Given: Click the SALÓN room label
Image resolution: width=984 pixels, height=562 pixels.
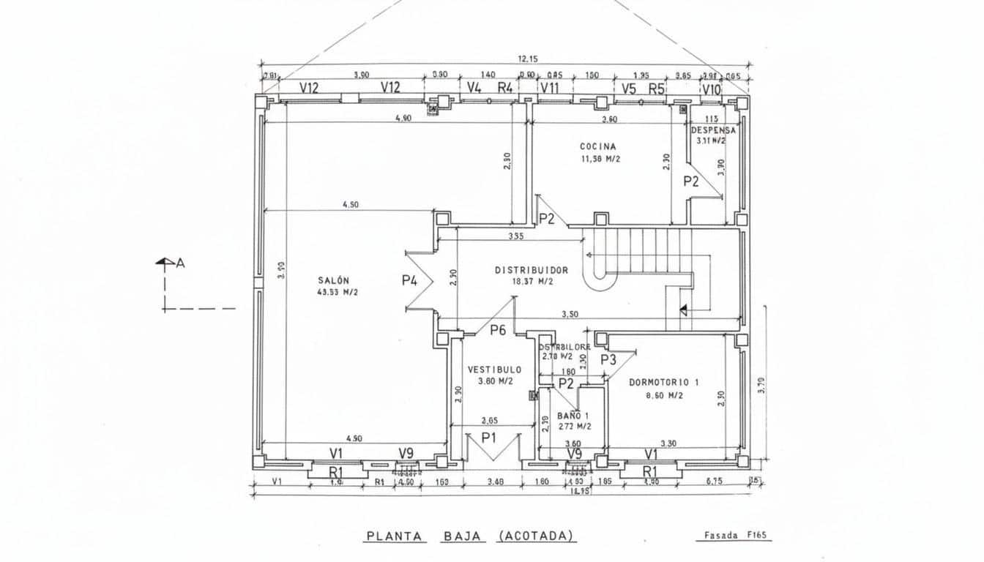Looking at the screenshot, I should pos(333,280).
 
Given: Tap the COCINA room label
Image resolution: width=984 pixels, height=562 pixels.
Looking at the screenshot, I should pos(598,146).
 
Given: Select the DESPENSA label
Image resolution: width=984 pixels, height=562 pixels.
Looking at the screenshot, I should pos(713,130).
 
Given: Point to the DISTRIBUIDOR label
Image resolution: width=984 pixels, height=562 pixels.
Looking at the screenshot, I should pos(532,270).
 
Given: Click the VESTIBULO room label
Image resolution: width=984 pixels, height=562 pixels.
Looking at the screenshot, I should pos(495,370).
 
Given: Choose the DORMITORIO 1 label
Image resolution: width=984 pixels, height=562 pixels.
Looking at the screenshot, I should pos(664,382).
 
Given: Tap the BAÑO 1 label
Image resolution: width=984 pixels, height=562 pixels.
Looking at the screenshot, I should pos(573,415).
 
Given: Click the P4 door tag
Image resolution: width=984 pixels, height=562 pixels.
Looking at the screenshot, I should pos(410,280).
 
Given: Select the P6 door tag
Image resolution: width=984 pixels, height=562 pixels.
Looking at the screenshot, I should pos(498,330).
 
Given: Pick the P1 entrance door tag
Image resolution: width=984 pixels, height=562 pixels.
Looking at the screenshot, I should pos(489,438).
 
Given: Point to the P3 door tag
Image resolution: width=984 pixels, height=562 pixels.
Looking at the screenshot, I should pos(608,359).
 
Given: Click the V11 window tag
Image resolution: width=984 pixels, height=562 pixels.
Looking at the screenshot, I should pos(549,89).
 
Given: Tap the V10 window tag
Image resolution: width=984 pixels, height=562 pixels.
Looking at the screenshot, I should pos(711,89).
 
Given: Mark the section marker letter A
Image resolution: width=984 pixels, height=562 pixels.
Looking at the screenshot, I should pos(180,263).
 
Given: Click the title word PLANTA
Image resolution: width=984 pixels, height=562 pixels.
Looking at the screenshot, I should pos(395,536).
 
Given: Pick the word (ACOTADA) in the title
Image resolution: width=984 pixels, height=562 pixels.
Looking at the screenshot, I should pos(537,536).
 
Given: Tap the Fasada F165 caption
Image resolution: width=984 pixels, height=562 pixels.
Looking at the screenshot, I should pos(734,536).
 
